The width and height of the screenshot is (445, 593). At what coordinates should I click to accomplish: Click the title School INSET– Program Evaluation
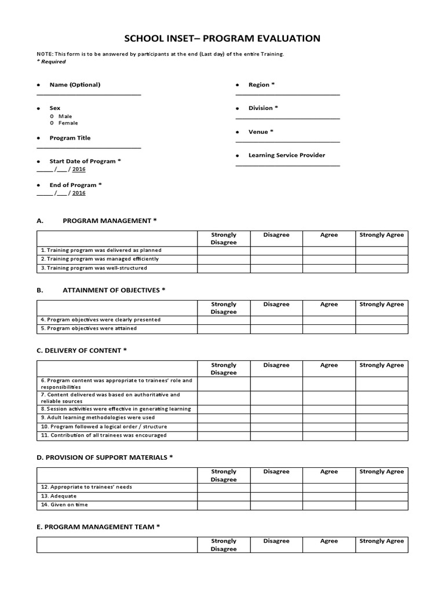[222, 39]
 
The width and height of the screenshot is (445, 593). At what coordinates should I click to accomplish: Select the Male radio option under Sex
[52, 116]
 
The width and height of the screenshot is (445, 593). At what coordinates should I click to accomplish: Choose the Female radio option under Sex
[52, 123]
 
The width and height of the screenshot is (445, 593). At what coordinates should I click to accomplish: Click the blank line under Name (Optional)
[89, 94]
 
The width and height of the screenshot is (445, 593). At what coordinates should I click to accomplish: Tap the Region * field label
[261, 85]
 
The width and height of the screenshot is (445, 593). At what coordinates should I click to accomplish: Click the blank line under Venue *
[287, 141]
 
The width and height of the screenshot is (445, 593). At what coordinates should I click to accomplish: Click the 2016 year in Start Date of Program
[79, 169]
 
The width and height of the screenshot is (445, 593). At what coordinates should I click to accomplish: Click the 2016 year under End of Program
[79, 193]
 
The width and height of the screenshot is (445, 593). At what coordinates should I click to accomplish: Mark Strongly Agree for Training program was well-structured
[381, 268]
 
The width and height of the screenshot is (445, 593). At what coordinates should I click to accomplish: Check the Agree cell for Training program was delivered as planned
[329, 250]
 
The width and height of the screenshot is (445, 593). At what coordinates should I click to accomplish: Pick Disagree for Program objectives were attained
[276, 328]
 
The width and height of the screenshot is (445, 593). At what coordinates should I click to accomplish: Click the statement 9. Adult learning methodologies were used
[97, 417]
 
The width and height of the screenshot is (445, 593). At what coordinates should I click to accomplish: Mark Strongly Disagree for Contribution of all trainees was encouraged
[224, 435]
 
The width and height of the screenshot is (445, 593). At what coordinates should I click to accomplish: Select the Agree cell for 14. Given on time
[329, 504]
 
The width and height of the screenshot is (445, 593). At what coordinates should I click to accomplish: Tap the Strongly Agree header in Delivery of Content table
[381, 365]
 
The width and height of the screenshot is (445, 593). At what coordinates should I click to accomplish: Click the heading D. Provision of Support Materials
[105, 457]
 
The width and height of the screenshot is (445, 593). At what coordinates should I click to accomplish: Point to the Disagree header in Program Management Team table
[276, 541]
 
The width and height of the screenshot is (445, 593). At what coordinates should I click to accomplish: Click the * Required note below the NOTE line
[52, 61]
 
